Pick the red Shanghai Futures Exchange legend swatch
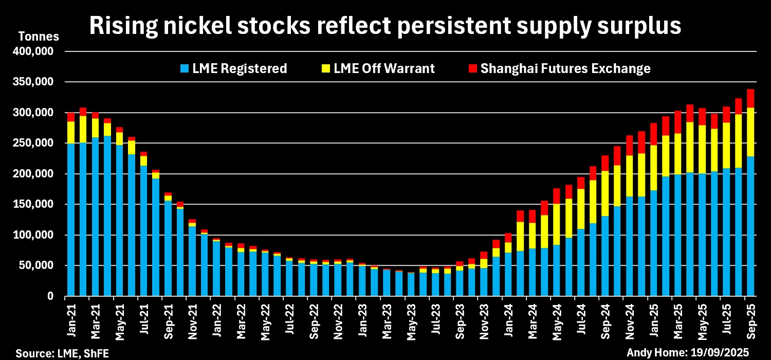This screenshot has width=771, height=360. [473, 68]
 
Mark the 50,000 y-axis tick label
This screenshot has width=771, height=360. [41, 266]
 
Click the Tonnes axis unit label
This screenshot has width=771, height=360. [39, 37]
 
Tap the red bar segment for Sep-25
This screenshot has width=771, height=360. [750, 98]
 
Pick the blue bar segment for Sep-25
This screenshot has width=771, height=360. [750, 226]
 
